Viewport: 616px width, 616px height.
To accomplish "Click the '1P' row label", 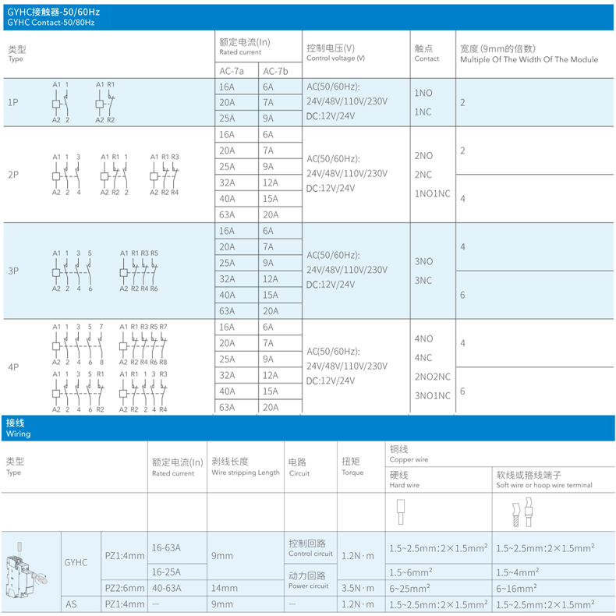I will tap(13, 102).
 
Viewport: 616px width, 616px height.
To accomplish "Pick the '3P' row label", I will tap(13, 271).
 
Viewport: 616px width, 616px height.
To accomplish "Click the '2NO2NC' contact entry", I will tap(433, 377).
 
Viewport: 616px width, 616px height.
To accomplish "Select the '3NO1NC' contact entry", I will tap(433, 395).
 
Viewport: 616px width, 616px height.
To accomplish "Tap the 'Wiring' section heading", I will tap(18, 433).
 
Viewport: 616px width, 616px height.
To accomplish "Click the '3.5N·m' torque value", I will tap(358, 587).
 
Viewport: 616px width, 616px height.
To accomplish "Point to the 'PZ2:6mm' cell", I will tap(124, 587).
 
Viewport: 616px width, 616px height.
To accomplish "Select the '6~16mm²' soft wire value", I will tap(517, 587).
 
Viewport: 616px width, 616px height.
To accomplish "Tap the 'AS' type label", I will tap(72, 604).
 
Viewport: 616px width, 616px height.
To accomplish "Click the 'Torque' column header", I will tap(352, 466).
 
